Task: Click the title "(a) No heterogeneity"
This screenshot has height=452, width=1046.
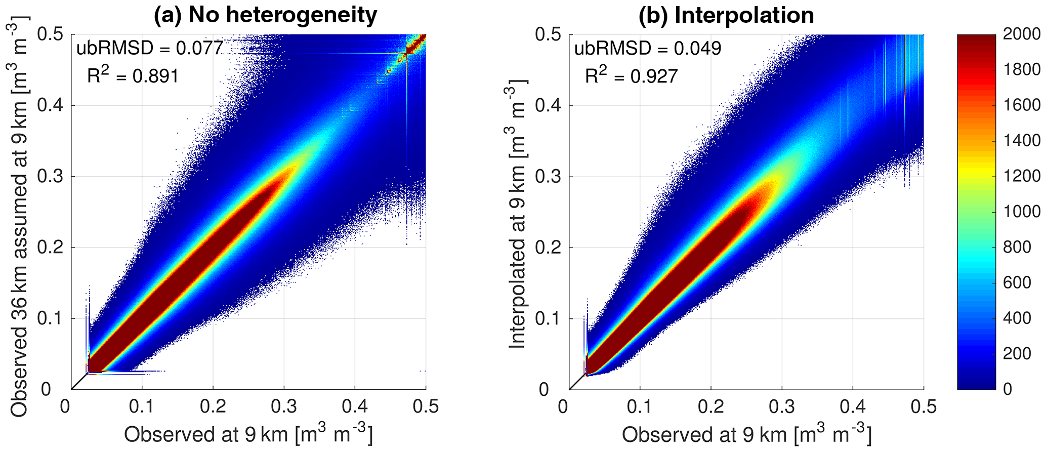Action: (x=265, y=15)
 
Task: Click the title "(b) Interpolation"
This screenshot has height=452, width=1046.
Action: (x=726, y=15)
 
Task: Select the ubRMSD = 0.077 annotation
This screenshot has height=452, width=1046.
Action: (x=150, y=48)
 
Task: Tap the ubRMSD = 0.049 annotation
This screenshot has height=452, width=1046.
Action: (x=648, y=48)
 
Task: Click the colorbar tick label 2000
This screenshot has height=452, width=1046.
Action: (x=1022, y=34)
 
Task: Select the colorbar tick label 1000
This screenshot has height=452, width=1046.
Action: (x=1022, y=212)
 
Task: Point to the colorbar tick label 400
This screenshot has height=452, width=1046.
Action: (x=1017, y=318)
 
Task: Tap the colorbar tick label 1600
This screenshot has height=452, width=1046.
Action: (x=1022, y=105)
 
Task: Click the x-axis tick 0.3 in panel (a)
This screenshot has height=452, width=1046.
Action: (x=283, y=406)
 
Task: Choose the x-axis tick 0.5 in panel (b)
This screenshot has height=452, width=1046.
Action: (x=924, y=406)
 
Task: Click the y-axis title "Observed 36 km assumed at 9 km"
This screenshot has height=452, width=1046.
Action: (x=19, y=218)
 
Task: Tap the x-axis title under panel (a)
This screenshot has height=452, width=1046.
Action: (x=248, y=434)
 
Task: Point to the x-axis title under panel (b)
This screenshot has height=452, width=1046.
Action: (x=746, y=434)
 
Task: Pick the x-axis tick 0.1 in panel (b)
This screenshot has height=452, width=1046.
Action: (x=640, y=406)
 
